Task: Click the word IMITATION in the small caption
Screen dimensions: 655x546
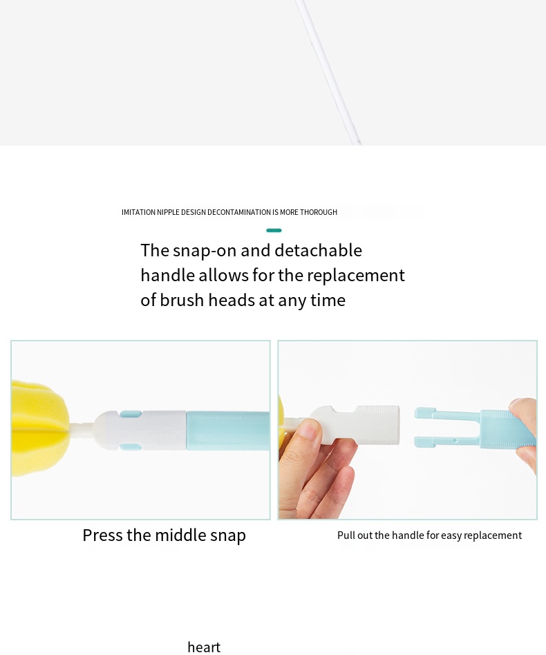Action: click(x=138, y=213)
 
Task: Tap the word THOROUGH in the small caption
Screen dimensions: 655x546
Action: click(x=319, y=213)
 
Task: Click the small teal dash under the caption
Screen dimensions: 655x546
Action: click(x=274, y=230)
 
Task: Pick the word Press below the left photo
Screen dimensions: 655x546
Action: click(x=102, y=535)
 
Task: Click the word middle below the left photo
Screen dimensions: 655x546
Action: click(x=180, y=535)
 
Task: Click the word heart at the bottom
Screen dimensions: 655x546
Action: click(x=204, y=647)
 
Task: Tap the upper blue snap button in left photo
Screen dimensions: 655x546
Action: click(x=131, y=414)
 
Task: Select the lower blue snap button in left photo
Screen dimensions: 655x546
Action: click(x=131, y=447)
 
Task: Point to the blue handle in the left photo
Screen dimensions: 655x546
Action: click(x=228, y=430)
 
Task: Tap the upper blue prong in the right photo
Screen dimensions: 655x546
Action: click(x=446, y=415)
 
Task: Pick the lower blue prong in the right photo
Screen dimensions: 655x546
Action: click(x=446, y=442)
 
